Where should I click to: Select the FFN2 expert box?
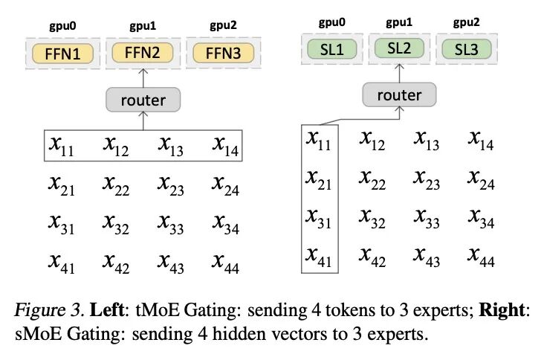tap(141, 53)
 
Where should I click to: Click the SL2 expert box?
tap(399, 49)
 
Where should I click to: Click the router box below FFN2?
tap(143, 100)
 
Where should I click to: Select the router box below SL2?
tap(399, 94)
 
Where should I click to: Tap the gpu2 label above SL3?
tap(470, 22)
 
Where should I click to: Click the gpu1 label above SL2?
tap(399, 22)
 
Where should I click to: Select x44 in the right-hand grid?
tap(482, 254)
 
